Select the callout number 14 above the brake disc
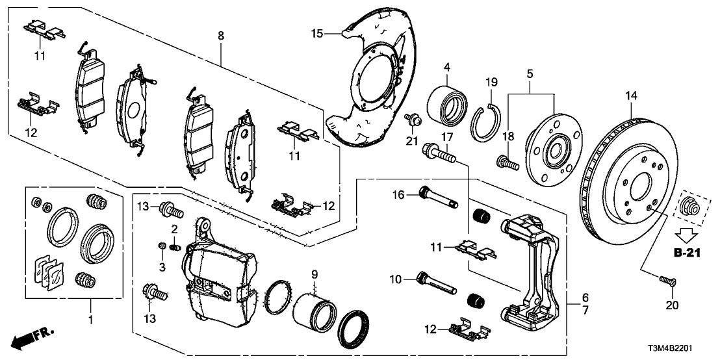pos(631,96)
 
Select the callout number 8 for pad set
pos(221,35)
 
